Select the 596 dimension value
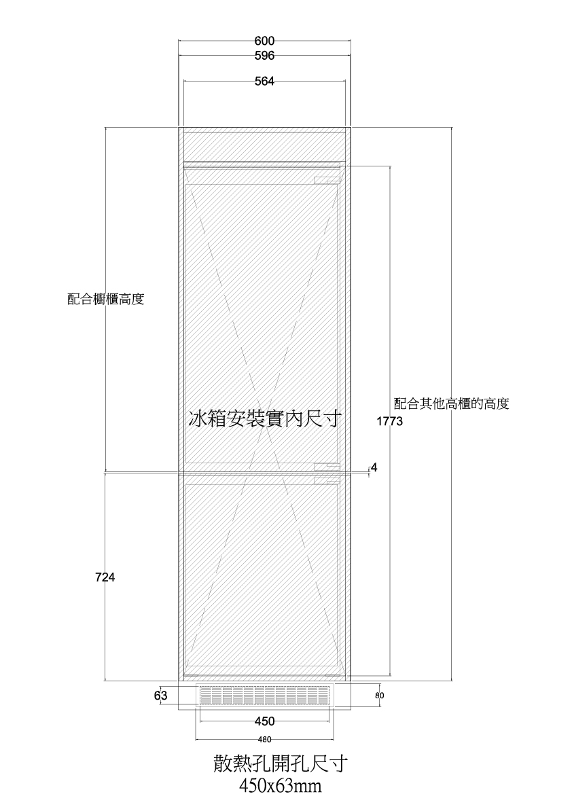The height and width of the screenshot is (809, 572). pyautogui.click(x=264, y=55)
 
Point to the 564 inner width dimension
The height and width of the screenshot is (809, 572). pyautogui.click(x=264, y=82)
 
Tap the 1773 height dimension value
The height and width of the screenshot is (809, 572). pyautogui.click(x=389, y=422)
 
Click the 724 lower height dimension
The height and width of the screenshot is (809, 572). pyautogui.click(x=105, y=577)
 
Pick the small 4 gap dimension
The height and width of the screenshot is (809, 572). pyautogui.click(x=374, y=467)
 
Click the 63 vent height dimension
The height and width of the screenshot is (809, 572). pyautogui.click(x=161, y=696)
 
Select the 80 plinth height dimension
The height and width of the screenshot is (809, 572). pyautogui.click(x=380, y=696)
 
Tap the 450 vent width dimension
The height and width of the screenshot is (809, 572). pyautogui.click(x=264, y=721)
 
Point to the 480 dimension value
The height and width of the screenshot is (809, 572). pyautogui.click(x=264, y=739)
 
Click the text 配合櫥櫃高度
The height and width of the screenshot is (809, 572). pyautogui.click(x=106, y=300)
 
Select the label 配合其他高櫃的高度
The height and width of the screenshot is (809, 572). pyautogui.click(x=451, y=403)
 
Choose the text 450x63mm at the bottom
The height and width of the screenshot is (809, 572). pyautogui.click(x=281, y=787)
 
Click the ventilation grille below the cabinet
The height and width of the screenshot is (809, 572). pyautogui.click(x=264, y=696)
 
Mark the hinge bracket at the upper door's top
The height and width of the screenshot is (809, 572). pyautogui.click(x=327, y=179)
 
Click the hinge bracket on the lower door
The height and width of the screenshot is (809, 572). pyautogui.click(x=327, y=481)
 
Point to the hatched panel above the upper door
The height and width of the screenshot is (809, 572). pyautogui.click(x=264, y=147)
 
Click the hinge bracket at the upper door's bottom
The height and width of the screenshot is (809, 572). pyautogui.click(x=327, y=467)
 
